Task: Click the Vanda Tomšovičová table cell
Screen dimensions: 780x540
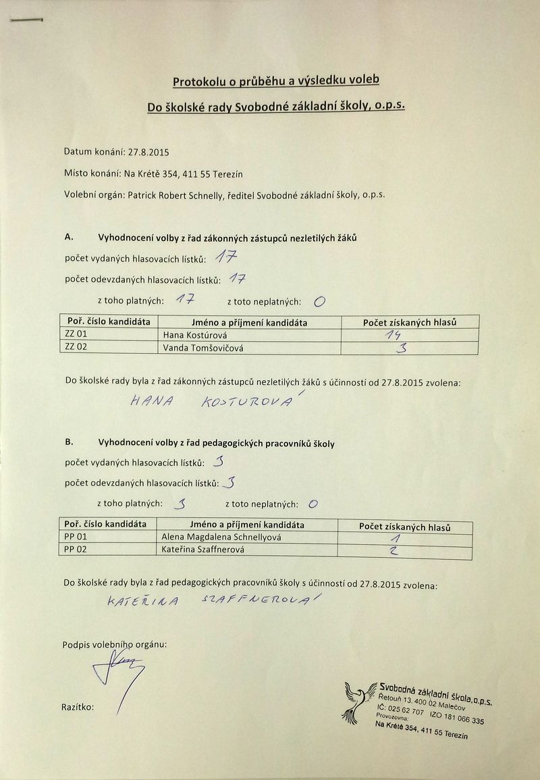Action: coord(203,347)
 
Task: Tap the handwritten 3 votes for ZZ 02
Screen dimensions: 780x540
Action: coord(404,348)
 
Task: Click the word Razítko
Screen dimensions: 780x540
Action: coord(78,708)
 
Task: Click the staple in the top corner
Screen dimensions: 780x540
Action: coord(26,22)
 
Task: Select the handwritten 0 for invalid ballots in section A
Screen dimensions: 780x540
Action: coord(319,302)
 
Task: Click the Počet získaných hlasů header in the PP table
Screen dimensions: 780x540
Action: coord(404,527)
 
